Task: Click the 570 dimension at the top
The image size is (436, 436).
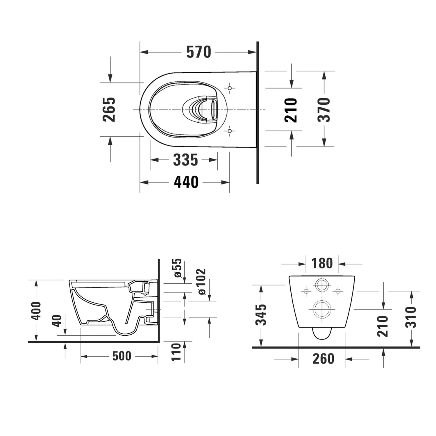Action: click(x=199, y=52)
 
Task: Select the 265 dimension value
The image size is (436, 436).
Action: click(x=109, y=109)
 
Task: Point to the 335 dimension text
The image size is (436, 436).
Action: click(x=185, y=160)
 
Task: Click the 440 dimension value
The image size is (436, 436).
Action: click(x=186, y=182)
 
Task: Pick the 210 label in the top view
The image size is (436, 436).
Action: click(x=291, y=110)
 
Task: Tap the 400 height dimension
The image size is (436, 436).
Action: click(x=36, y=311)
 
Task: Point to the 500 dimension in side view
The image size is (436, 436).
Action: click(x=122, y=356)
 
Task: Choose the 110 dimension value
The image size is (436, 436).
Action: click(x=176, y=352)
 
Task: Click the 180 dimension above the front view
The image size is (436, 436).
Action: click(x=322, y=263)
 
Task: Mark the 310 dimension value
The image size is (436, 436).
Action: click(x=411, y=317)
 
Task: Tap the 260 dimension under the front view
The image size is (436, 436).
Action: click(x=323, y=359)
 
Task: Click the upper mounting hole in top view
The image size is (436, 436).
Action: click(x=230, y=88)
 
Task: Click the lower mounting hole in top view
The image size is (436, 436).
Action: click(x=230, y=131)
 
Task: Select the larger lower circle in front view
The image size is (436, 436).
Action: click(x=322, y=308)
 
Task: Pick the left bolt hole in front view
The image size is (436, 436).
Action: click(x=306, y=291)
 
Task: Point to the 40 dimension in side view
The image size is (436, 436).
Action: click(x=57, y=321)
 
